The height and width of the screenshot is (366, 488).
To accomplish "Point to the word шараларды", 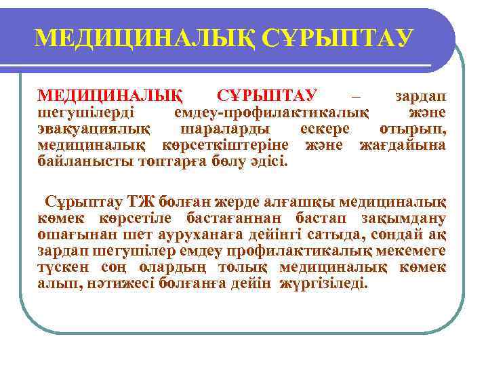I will tap(224, 129).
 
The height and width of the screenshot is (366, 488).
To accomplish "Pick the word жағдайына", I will tap(403, 145).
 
